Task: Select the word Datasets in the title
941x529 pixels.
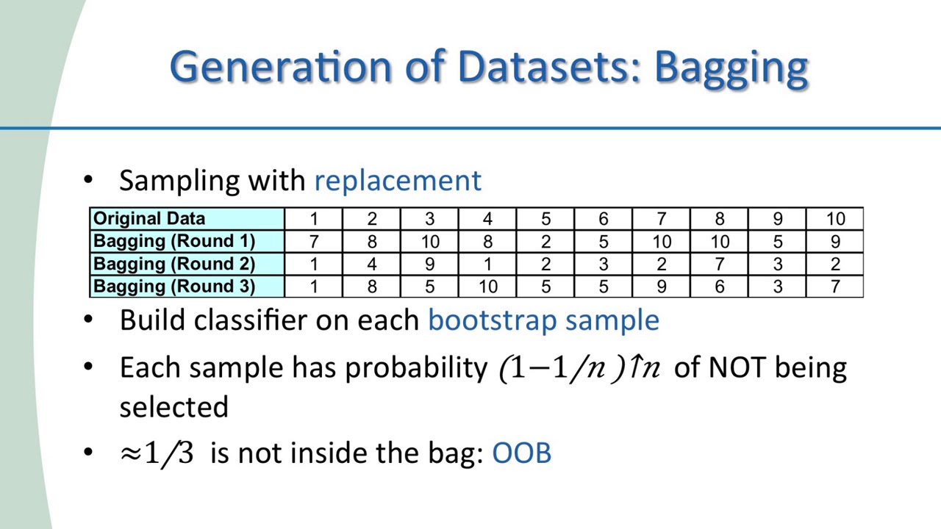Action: (x=548, y=67)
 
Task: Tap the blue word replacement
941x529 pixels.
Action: (x=398, y=181)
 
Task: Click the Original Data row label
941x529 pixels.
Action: (x=149, y=218)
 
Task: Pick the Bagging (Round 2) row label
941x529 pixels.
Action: (x=174, y=264)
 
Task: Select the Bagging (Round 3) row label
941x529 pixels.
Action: (x=174, y=287)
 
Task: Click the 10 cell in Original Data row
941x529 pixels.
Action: (x=835, y=219)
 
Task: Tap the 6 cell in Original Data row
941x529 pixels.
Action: (x=604, y=219)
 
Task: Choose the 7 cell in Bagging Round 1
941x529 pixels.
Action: (x=314, y=242)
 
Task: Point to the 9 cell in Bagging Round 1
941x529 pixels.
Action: (x=835, y=242)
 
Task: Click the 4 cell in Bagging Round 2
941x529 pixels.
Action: (x=372, y=264)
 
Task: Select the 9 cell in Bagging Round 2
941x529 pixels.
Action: (x=430, y=264)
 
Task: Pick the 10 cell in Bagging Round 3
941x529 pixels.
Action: (x=487, y=287)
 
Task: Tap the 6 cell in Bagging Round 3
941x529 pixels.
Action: (x=720, y=287)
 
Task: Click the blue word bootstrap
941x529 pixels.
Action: (x=493, y=321)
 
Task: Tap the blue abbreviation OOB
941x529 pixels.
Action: (x=521, y=453)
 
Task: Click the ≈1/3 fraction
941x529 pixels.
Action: (x=157, y=453)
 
